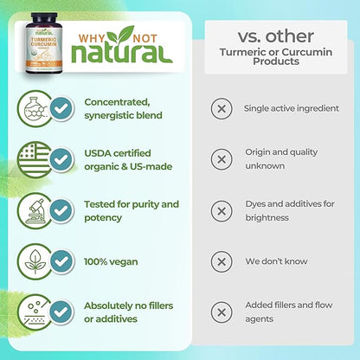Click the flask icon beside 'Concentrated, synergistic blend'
(32, 109)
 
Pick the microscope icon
(32, 210)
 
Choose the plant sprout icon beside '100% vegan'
(32, 261)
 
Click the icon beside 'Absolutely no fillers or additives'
(32, 312)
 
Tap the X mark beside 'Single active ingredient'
(222, 109)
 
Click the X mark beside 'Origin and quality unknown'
(222, 159)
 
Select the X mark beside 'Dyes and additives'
(222, 210)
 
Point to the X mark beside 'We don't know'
(222, 261)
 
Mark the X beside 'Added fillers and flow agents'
(222, 312)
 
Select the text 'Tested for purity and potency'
(131, 210)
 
